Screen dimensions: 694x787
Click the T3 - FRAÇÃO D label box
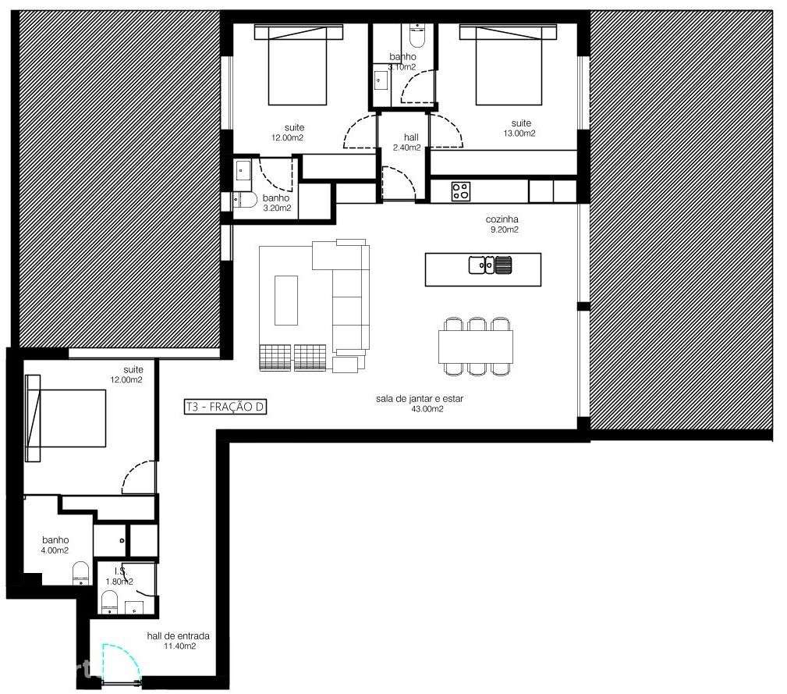tap(225, 406)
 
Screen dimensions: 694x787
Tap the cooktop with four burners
tap(460, 190)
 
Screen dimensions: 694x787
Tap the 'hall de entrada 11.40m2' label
tap(178, 641)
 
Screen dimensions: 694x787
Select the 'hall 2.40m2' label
tap(406, 142)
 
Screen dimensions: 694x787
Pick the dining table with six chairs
tap(476, 347)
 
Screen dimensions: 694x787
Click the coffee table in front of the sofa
tap(286, 300)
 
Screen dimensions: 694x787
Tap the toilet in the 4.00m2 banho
tap(81, 574)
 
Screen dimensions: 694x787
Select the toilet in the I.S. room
tap(110, 602)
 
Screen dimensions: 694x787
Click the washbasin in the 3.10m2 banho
tap(382, 80)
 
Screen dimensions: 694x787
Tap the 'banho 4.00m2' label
tap(55, 545)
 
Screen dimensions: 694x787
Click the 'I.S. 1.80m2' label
tap(119, 576)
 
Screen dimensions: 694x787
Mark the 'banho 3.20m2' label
tap(276, 203)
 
